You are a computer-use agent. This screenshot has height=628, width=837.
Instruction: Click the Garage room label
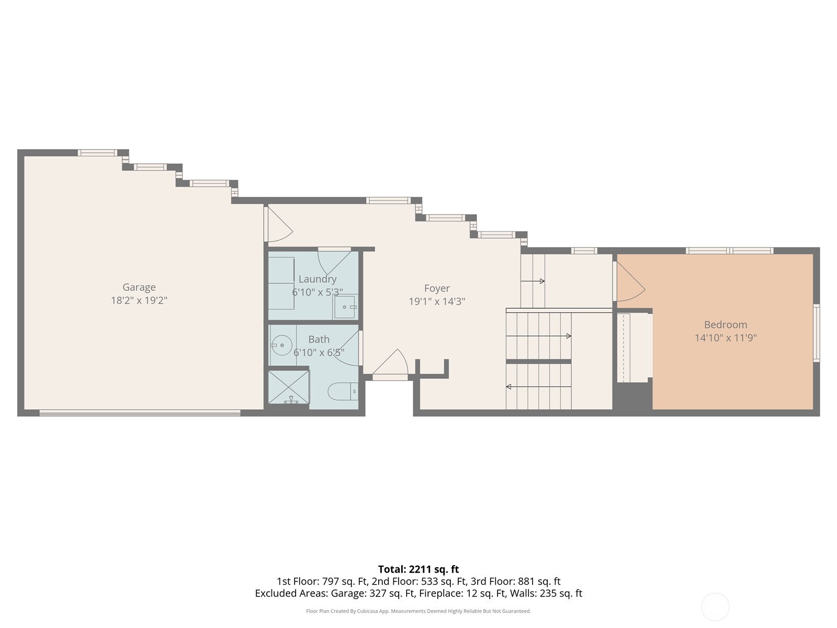click(139, 287)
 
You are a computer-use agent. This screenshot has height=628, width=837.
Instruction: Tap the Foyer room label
click(437, 288)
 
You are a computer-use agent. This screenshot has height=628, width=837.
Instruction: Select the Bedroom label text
click(725, 324)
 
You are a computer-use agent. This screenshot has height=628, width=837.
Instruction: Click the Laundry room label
click(317, 279)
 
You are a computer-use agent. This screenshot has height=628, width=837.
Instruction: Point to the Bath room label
click(319, 339)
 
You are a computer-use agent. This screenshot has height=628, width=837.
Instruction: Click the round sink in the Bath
click(282, 345)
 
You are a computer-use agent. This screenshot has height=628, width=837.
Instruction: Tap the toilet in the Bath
click(343, 391)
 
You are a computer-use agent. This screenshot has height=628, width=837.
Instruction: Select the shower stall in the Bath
click(289, 387)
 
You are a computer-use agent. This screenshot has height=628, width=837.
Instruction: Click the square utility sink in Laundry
click(345, 307)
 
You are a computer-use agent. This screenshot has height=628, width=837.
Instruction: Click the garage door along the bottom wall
click(140, 412)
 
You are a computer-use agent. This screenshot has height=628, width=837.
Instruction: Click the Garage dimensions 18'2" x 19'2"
click(139, 300)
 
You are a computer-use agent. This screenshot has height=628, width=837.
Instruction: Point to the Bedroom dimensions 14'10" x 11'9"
click(725, 338)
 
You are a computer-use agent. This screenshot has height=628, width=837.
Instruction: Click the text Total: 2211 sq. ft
click(418, 569)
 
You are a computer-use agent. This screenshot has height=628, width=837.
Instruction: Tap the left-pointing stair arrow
click(539, 387)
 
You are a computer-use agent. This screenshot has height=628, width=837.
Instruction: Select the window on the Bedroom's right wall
click(817, 333)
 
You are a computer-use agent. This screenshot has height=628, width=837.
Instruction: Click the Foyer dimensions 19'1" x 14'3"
click(437, 301)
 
